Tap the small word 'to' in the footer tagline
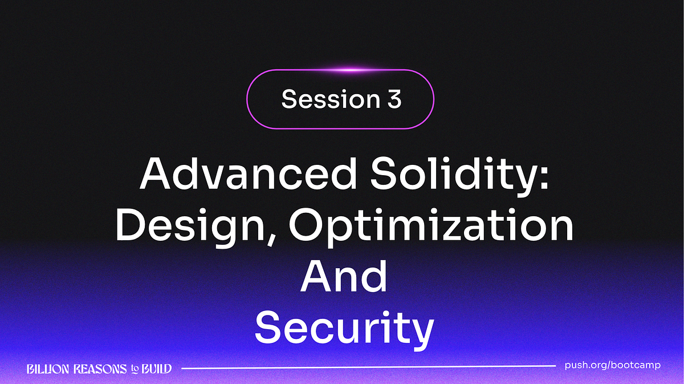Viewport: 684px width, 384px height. [x=135, y=370]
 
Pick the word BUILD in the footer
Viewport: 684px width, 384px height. [x=156, y=369]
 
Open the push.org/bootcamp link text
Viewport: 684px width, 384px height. [x=612, y=365]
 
